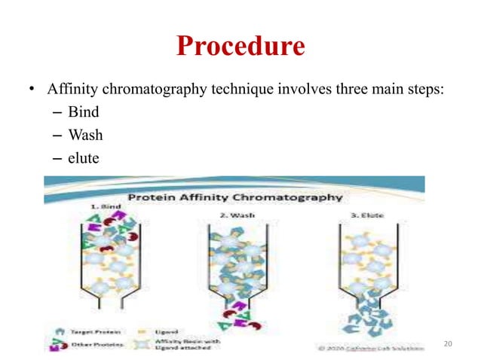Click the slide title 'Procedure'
pos(240,47)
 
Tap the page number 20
pos(449,343)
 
